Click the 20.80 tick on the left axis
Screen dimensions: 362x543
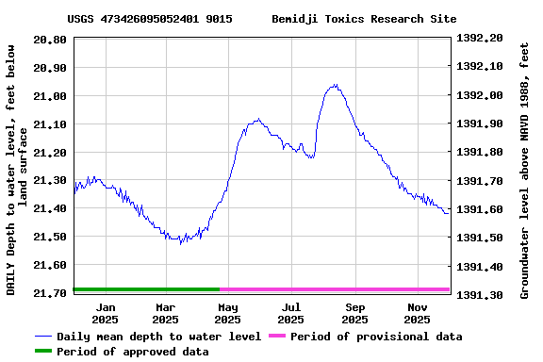click(x=50, y=40)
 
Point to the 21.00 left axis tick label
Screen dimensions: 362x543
click(x=50, y=96)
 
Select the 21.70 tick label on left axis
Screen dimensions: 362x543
click(x=50, y=293)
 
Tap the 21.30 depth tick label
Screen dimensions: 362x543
click(x=50, y=180)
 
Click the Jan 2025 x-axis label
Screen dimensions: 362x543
click(x=106, y=313)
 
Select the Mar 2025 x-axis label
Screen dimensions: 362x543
click(x=165, y=313)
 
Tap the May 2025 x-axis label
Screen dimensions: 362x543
click(x=227, y=313)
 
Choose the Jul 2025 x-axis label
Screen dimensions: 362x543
click(x=291, y=313)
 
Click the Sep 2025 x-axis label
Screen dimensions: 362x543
click(x=355, y=313)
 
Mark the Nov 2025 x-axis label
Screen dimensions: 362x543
click(x=418, y=313)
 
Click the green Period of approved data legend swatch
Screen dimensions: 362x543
click(x=43, y=352)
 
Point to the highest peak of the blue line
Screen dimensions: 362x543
click(x=335, y=85)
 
